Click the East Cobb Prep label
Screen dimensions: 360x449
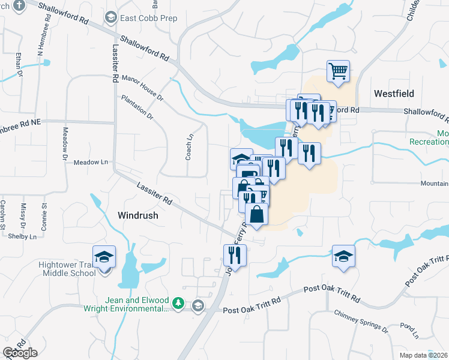point(148,18)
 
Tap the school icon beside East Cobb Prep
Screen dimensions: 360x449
point(110,18)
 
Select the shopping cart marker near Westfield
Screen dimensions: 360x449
point(339,71)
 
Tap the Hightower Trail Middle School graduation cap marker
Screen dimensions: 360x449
point(104,257)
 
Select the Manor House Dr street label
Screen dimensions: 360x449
point(142,86)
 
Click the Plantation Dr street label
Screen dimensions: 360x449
point(137,107)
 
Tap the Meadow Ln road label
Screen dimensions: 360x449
point(91,162)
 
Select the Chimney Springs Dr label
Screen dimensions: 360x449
point(361,321)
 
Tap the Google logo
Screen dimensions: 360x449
point(20,352)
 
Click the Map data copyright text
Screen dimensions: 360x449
point(424,355)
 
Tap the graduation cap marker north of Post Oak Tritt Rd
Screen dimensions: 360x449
point(343,256)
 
